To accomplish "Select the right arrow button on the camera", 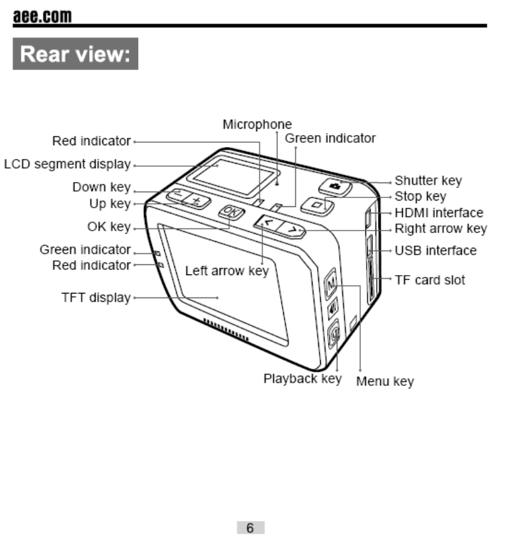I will tap(292, 229).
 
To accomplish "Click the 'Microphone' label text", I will tap(257, 125).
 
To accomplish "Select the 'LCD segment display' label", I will tap(67, 164).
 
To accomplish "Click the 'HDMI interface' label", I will tap(439, 213).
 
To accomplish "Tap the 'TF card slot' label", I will tap(430, 280).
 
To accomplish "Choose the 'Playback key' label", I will tap(302, 379).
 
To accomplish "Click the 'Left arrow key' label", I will tap(227, 271).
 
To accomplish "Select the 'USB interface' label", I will tap(435, 250).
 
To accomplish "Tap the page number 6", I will tap(250, 528).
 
